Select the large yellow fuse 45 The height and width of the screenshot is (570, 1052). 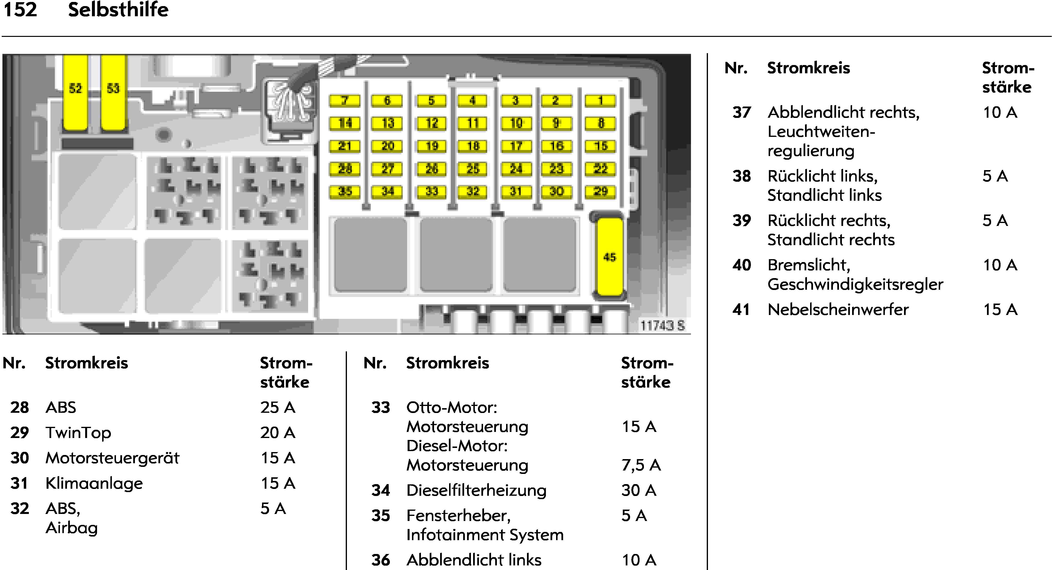[x=610, y=256]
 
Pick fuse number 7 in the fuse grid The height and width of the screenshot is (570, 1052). [x=345, y=100]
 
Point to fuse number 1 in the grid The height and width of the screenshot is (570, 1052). [x=600, y=100]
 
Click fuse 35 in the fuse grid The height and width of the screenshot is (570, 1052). [x=345, y=191]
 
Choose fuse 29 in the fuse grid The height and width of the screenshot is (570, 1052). [x=600, y=191]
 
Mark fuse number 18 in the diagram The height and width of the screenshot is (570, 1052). [x=472, y=146]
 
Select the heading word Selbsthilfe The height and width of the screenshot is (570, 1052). [x=118, y=9]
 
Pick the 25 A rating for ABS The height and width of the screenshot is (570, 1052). [x=278, y=407]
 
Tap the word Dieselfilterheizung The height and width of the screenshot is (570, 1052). [x=476, y=490]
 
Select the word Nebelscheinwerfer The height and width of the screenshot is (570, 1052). [x=838, y=309]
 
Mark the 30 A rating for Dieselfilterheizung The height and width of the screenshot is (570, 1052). [x=639, y=490]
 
